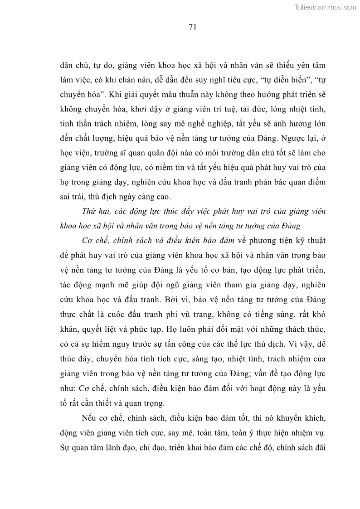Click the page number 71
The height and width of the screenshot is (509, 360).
[x=192, y=27]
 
